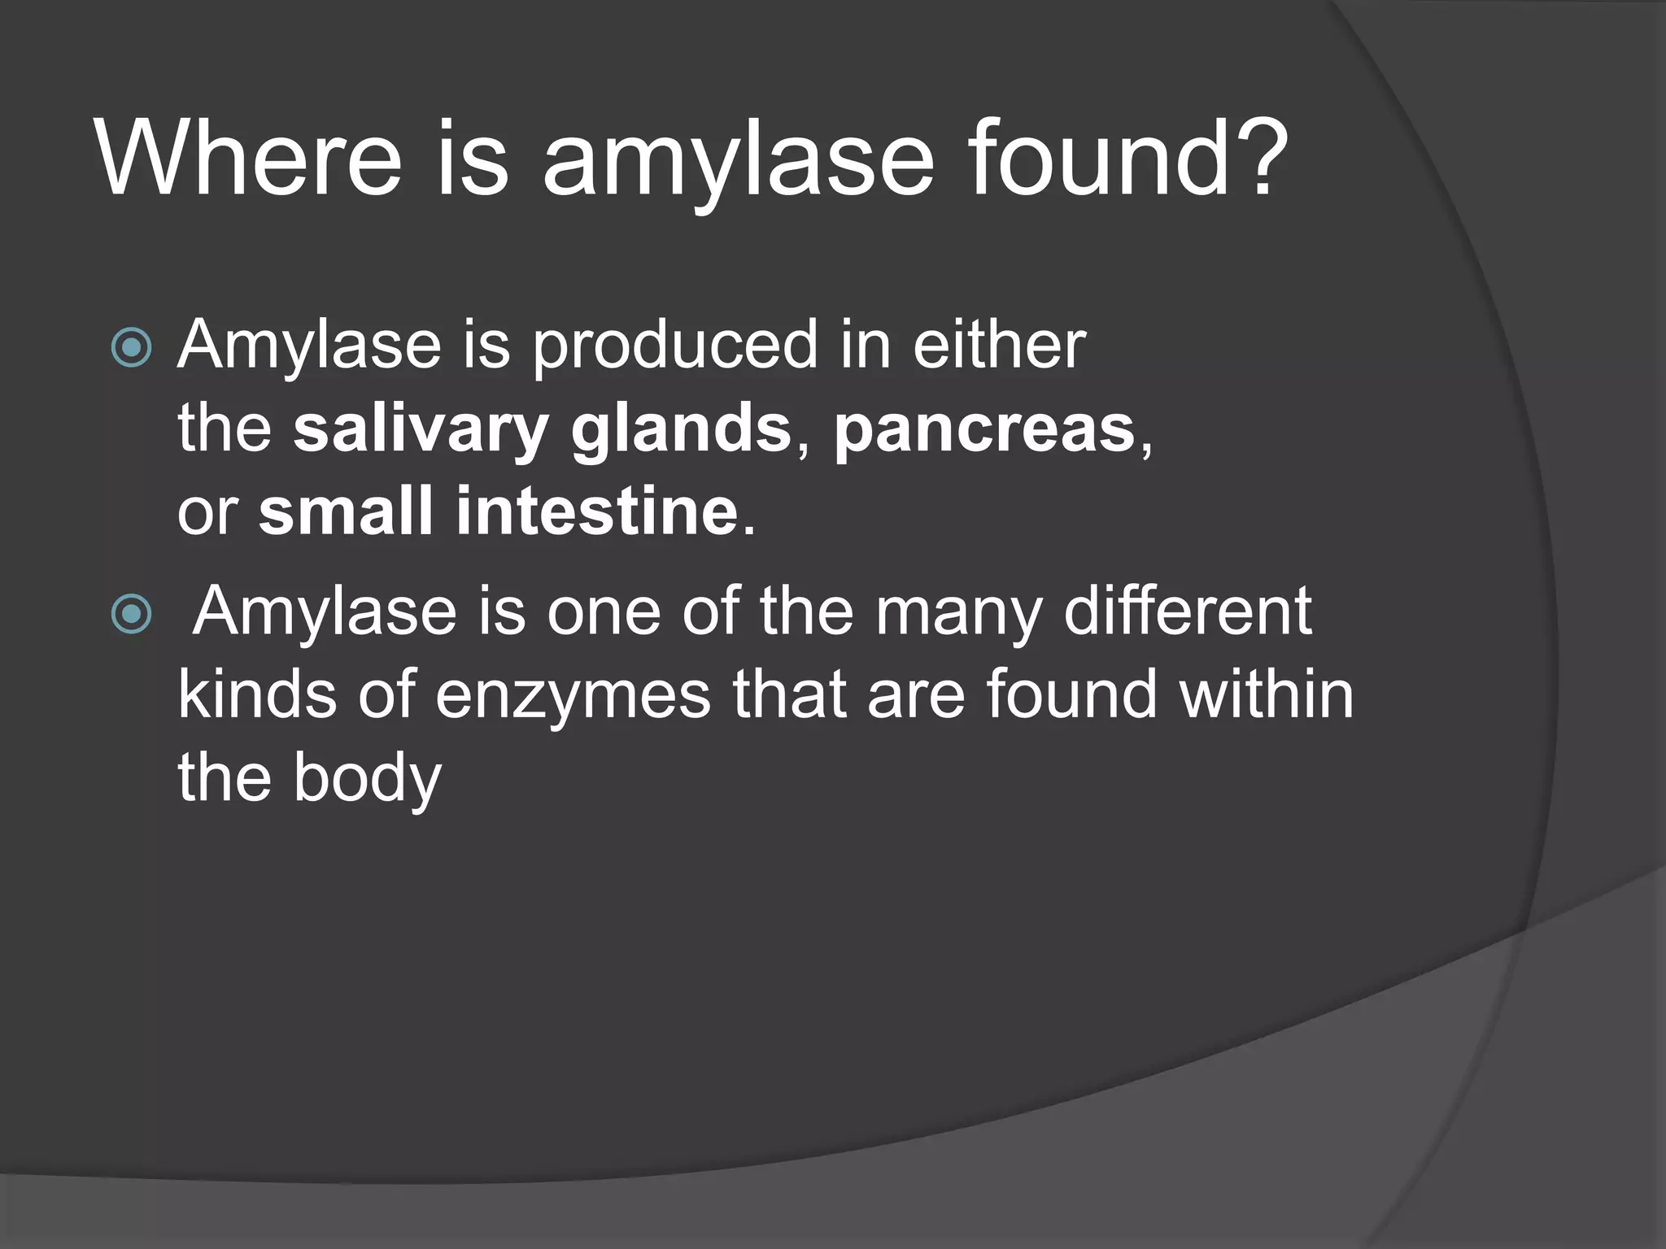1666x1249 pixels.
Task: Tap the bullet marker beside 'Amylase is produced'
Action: coord(131,348)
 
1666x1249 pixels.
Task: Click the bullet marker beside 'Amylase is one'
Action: coord(131,614)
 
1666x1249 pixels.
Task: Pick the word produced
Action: coord(674,346)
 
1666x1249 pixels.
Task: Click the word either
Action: coord(999,344)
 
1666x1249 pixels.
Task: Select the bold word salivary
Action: coord(421,431)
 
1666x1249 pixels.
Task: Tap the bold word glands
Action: coord(681,431)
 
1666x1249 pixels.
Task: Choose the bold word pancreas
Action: coord(984,431)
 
